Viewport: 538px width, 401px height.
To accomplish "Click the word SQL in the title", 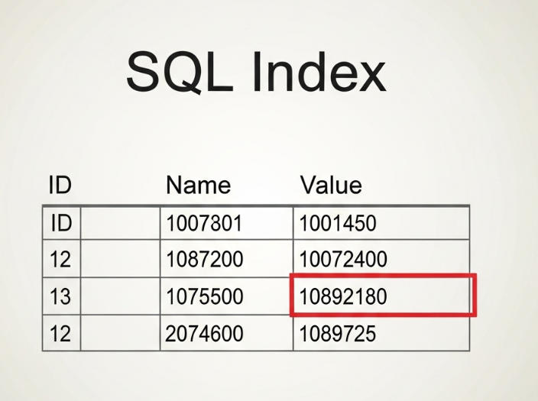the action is click(180, 71).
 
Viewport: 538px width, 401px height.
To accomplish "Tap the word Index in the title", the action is click(319, 71).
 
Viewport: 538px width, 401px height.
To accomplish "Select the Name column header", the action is click(199, 186).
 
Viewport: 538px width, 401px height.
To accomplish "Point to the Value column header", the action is click(331, 186).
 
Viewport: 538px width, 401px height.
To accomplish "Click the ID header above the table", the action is click(60, 185).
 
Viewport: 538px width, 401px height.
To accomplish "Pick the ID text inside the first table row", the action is click(61, 223).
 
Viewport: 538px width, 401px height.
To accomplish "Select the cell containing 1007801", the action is click(226, 223).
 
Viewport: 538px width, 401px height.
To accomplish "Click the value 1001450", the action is click(338, 223).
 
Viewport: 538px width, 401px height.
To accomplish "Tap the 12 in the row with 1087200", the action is click(60, 259).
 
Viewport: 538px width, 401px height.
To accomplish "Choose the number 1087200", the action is click(205, 259).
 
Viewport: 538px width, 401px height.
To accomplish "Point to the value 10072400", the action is click(343, 259).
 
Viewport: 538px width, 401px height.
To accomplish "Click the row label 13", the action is click(60, 296).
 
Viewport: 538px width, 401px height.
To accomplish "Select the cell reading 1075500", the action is click(226, 296).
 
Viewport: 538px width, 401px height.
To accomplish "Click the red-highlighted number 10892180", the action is click(343, 296).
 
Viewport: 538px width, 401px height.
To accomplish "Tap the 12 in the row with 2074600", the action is click(60, 334).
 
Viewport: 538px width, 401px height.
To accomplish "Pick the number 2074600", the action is click(204, 334).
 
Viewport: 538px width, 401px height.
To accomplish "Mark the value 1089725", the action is click(338, 334).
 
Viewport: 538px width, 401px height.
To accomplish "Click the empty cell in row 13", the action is click(120, 296).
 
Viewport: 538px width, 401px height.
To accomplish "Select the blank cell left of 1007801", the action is click(120, 223).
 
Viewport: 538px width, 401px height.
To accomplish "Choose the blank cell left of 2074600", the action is click(120, 333).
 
